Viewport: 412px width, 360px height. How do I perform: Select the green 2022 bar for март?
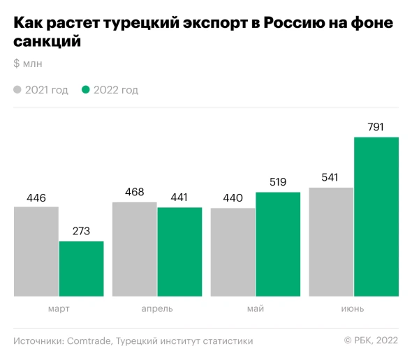point(81,269)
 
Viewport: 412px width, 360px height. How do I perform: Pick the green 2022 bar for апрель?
point(179,252)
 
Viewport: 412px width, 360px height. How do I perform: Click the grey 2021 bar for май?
point(233,252)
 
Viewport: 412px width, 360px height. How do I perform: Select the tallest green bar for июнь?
point(376,216)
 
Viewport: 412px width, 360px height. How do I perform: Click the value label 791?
point(376,127)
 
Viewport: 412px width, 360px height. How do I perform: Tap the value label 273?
point(81,232)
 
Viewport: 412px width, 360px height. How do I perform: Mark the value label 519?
point(278,182)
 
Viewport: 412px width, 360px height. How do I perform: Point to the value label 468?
point(135,192)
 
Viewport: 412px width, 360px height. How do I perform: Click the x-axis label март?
point(59,308)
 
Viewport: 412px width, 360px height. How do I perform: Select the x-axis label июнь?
point(353,308)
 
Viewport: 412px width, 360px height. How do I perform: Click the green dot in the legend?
point(87,90)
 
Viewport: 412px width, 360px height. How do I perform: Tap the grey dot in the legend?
point(18,90)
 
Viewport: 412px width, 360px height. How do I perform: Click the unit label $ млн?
point(28,64)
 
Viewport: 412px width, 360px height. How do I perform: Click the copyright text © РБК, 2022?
point(371,341)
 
